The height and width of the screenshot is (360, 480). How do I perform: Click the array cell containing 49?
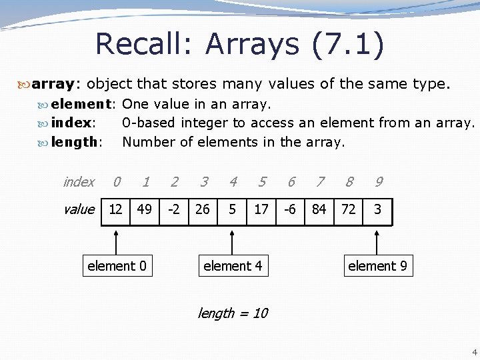[x=145, y=209]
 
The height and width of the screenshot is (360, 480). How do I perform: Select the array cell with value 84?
[x=319, y=209]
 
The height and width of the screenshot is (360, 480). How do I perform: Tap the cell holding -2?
[x=174, y=209]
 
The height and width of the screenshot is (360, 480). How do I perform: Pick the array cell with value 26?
[x=203, y=209]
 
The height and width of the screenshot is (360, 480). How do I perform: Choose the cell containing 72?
[x=349, y=209]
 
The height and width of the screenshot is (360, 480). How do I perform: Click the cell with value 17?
[x=261, y=209]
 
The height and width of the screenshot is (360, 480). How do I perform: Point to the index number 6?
[x=291, y=181]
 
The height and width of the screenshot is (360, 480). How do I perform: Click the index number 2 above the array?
[x=174, y=181]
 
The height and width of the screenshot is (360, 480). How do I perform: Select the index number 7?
[x=321, y=181]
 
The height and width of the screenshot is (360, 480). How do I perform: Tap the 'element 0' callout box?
[x=117, y=266]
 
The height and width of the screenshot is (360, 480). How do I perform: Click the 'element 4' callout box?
[x=233, y=266]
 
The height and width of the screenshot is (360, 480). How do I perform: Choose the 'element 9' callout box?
[x=377, y=266]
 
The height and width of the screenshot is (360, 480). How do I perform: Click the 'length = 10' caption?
[x=233, y=313]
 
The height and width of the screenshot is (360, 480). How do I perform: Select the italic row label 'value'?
[x=79, y=209]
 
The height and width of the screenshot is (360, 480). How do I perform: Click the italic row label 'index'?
[x=79, y=181]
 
